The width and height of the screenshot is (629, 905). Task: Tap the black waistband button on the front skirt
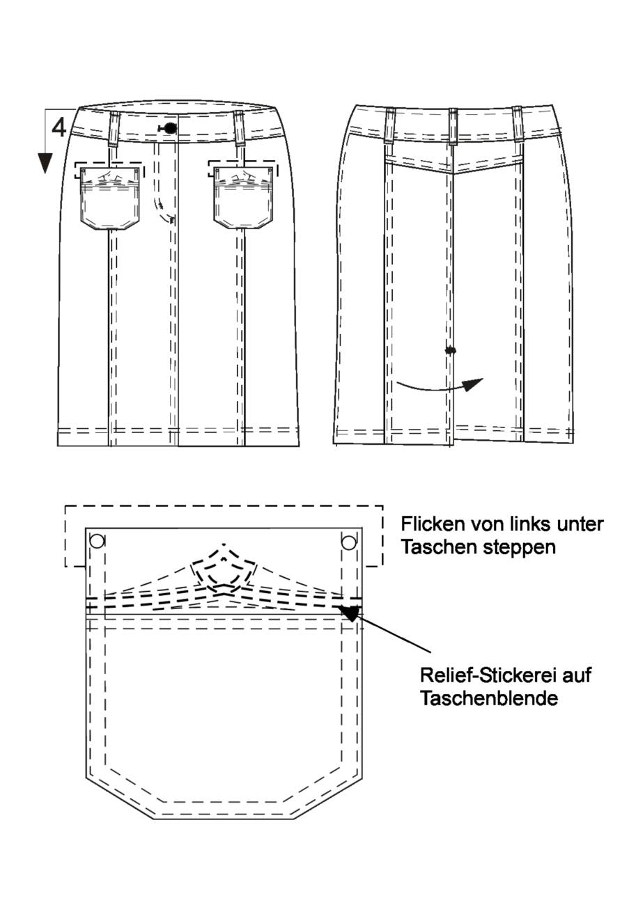[x=170, y=128]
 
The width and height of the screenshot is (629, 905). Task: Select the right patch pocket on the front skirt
[x=244, y=198]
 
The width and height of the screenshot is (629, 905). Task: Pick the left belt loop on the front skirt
[x=114, y=129]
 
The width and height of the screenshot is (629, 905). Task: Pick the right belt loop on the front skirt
[x=240, y=129]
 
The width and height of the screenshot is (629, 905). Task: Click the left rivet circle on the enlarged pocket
[x=98, y=541]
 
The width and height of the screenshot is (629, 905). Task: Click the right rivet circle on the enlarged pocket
[x=349, y=542]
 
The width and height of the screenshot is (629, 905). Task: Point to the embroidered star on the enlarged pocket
[x=224, y=569]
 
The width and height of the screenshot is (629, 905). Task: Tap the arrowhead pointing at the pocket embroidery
[x=348, y=612]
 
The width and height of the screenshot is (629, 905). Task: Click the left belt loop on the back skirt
[x=390, y=125]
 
